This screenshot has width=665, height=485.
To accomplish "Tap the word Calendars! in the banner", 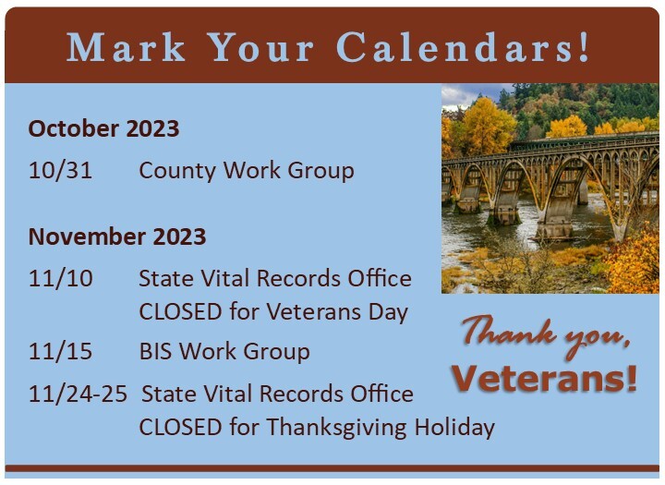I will tap(463, 47).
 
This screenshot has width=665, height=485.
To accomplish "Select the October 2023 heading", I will tap(103, 128).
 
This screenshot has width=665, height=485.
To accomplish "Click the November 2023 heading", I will tap(116, 236).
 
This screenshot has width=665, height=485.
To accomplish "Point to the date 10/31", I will tap(60, 171).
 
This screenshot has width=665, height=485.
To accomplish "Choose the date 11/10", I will tap(60, 278).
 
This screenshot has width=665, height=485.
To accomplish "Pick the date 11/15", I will tap(60, 352).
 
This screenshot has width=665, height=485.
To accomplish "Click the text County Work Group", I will tap(246, 171).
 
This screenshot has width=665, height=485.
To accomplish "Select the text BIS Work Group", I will tap(224, 352).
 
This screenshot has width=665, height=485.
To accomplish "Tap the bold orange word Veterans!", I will tap(545, 378).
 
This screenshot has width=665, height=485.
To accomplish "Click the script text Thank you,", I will tap(547, 333).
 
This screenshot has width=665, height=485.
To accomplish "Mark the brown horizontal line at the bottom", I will tap(332, 467).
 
